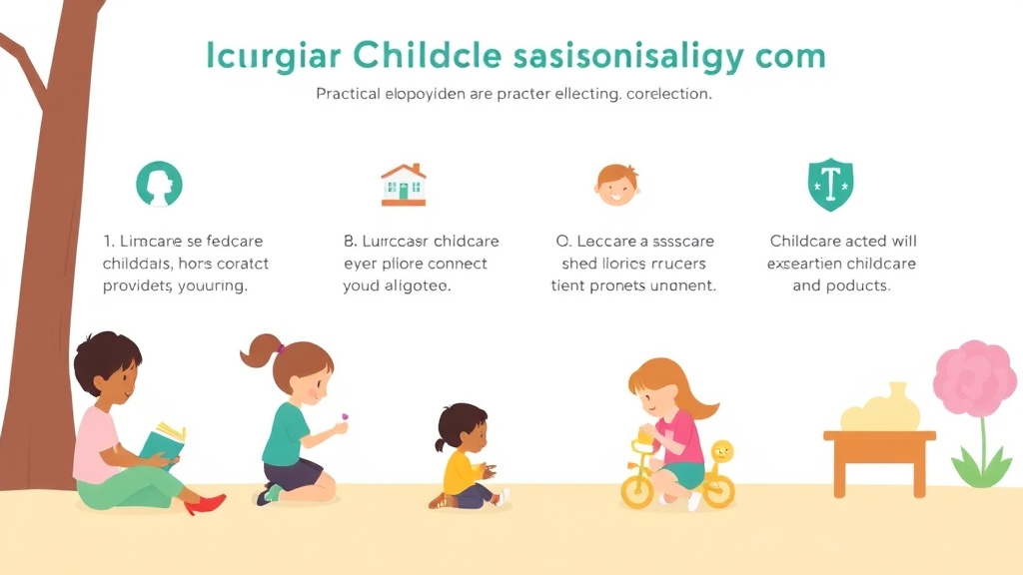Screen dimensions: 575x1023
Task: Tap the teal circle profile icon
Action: click(159, 185)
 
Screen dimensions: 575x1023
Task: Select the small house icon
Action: click(404, 185)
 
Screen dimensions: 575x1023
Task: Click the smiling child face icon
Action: click(615, 185)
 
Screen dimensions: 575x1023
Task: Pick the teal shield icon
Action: click(829, 185)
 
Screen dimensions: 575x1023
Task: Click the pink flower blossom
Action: click(975, 378)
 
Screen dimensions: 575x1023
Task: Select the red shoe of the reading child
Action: click(204, 504)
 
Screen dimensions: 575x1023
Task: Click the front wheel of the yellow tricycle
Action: click(637, 490)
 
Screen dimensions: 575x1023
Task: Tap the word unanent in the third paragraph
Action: click(682, 286)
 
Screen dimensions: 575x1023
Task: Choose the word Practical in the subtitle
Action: click(349, 95)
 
